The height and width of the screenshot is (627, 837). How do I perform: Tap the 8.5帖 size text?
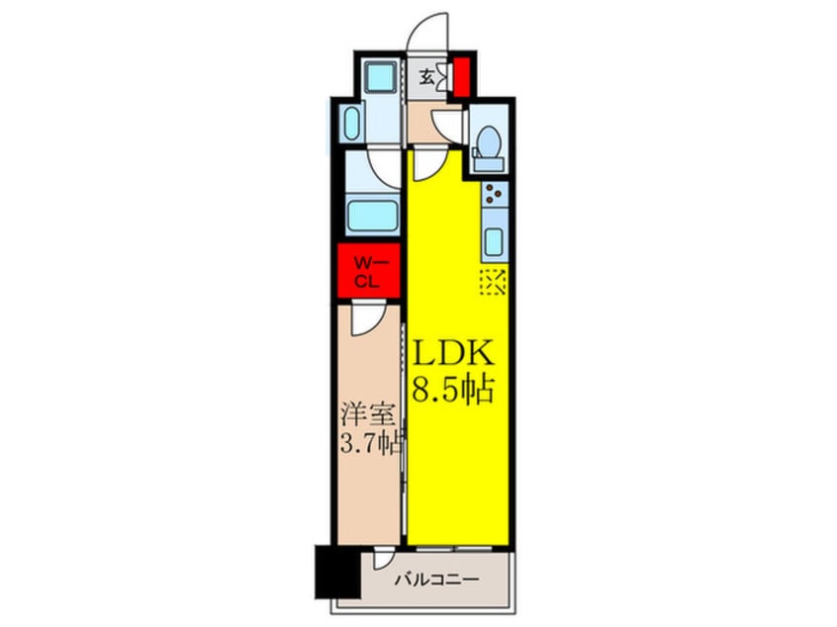[x=452, y=391]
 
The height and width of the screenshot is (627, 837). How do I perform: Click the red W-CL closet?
[x=367, y=270]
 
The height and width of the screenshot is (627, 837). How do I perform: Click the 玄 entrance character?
[x=425, y=77]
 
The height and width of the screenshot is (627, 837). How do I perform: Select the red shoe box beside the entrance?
[x=460, y=76]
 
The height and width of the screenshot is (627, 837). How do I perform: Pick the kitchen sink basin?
[x=495, y=238]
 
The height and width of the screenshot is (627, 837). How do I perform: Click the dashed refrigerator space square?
[x=493, y=284]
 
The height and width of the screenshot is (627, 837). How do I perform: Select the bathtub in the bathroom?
[x=372, y=215]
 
